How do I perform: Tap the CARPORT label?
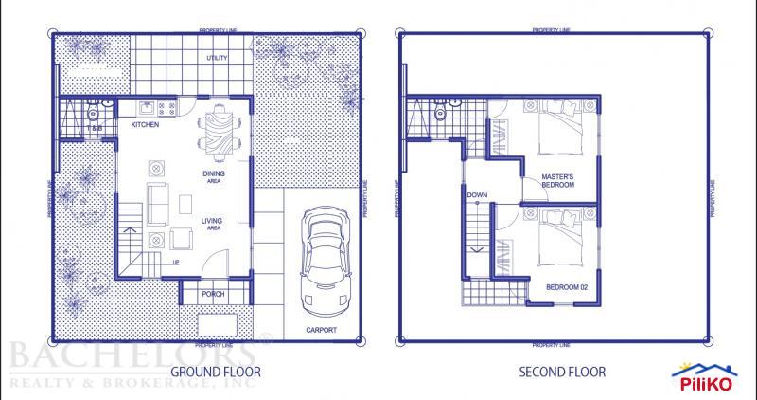pyautogui.click(x=322, y=330)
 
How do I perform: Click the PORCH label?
pyautogui.click(x=214, y=294)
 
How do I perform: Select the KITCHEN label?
pyautogui.click(x=144, y=125)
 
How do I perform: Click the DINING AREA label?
pyautogui.click(x=213, y=176)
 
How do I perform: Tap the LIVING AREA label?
pyautogui.click(x=211, y=224)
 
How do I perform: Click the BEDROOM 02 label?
pyautogui.click(x=566, y=285)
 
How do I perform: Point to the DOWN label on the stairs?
pyautogui.click(x=477, y=196)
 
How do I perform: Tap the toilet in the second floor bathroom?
pyautogui.click(x=439, y=113)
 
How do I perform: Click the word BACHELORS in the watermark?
pyautogui.click(x=132, y=356)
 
